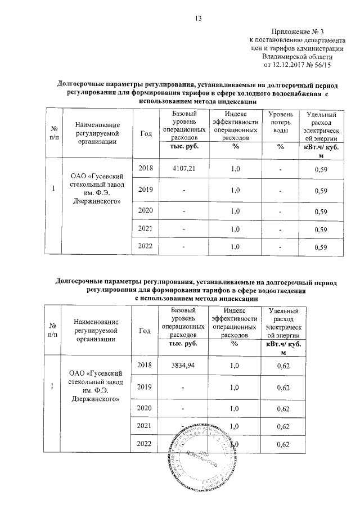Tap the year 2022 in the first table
pos(146,246)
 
